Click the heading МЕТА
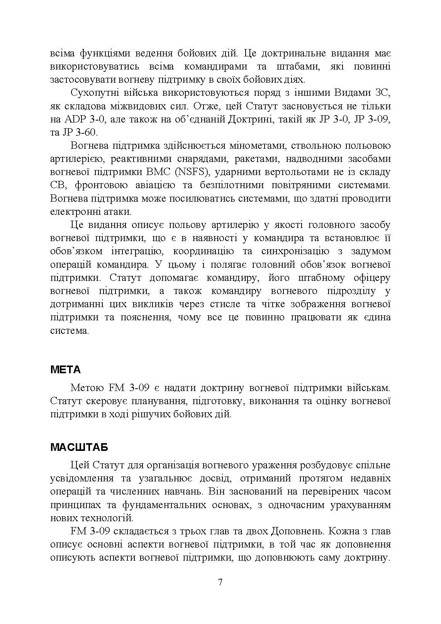[x=65, y=370]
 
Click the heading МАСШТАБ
[x=79, y=447]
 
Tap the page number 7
[x=220, y=582]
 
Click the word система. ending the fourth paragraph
[x=70, y=331]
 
